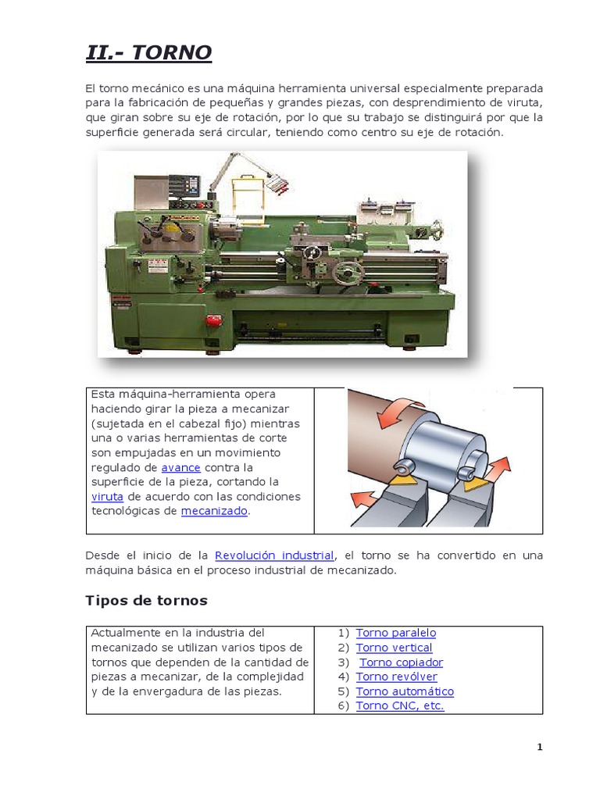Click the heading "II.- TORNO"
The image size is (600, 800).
coord(148,53)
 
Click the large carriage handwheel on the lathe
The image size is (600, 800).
coord(345,273)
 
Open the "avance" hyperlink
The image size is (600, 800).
coord(181,467)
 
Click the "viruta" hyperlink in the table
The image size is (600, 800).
coord(107,496)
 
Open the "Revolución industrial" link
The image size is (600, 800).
coord(275,555)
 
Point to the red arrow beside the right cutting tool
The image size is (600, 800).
coord(498,471)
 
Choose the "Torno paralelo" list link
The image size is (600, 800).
coord(395,633)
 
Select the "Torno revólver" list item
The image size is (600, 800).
coord(396,677)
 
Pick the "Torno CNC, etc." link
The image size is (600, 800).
coord(400,705)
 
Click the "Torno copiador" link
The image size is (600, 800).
coord(401,662)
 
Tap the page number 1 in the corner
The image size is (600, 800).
coord(539,747)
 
